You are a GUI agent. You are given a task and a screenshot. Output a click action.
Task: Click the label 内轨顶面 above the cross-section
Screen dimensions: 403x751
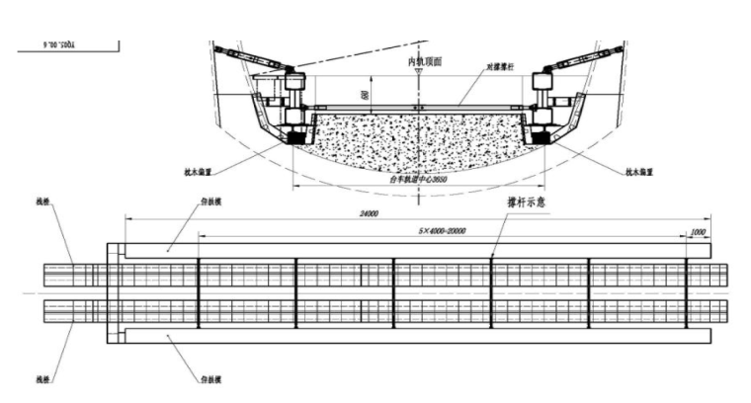425,61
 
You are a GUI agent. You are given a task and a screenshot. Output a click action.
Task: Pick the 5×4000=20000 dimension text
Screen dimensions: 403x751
442,230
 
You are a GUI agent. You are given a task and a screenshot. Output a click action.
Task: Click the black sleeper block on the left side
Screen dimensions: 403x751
293,139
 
